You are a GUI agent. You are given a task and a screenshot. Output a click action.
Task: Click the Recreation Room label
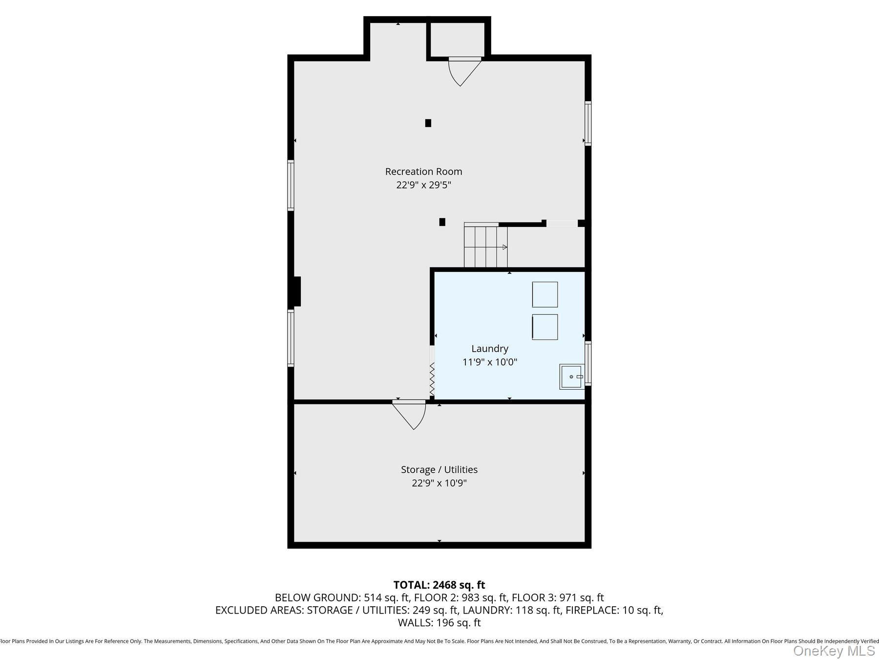tap(423, 172)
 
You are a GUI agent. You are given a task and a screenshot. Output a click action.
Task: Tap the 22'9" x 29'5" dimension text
tap(423, 185)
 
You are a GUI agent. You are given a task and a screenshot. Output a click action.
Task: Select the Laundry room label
tap(490, 349)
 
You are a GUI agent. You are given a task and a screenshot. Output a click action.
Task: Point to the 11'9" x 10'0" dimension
tap(490, 362)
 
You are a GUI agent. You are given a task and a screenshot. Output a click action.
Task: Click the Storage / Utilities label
tap(439, 470)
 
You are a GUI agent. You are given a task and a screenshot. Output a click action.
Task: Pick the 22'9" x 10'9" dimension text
tap(439, 484)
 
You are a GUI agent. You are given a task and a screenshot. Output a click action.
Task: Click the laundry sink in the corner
tap(571, 377)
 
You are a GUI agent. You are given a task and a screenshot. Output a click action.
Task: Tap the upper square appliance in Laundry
tap(545, 295)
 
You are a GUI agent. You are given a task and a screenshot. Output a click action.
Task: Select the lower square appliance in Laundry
tap(545, 327)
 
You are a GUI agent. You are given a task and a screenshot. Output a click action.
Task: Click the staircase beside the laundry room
tap(485, 246)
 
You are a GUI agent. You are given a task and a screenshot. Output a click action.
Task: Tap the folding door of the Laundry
tap(432, 379)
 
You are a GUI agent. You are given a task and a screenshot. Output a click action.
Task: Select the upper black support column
tap(428, 123)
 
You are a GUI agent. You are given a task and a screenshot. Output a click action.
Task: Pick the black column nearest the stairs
tap(442, 222)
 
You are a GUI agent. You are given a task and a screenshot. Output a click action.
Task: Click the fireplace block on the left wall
tap(296, 291)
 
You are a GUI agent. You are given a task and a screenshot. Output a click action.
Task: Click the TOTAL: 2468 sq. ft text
tap(439, 585)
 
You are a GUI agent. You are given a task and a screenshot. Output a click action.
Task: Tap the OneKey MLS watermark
tap(834, 651)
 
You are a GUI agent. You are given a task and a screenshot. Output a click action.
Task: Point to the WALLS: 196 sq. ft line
tap(439, 623)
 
